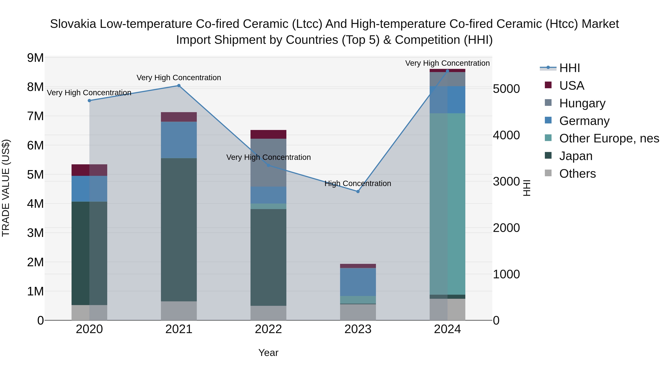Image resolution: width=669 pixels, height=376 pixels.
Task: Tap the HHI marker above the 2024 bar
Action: coord(447,71)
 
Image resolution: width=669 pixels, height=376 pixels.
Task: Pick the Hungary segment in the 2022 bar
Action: coord(268,163)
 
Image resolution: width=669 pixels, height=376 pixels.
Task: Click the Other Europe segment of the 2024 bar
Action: coord(447,204)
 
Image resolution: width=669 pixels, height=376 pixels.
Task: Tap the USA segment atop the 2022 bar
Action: coord(268,134)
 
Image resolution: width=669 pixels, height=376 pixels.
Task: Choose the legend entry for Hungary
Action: coord(582,103)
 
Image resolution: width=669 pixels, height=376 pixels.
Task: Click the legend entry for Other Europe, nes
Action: coord(609,138)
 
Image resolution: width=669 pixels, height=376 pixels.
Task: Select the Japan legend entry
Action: coord(576,156)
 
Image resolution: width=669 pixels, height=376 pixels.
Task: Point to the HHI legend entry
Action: coord(569,68)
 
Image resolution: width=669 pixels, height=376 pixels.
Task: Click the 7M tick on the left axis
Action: coord(35,116)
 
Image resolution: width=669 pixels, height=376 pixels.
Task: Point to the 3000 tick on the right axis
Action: coord(506,181)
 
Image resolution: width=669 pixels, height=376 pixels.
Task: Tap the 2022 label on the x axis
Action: coord(268,329)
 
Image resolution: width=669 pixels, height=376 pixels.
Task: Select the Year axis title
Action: coord(268,353)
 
